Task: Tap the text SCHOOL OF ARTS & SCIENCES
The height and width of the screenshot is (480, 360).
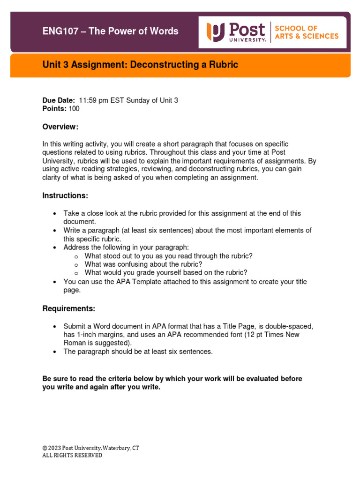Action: [306, 32]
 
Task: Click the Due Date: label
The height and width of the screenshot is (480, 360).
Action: [59, 100]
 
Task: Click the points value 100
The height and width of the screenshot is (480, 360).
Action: [74, 109]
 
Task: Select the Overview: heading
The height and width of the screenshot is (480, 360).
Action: [60, 127]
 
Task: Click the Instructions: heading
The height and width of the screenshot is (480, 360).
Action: [65, 195]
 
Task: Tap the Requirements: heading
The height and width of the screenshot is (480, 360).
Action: [69, 308]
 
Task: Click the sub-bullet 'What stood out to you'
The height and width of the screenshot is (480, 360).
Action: [168, 256]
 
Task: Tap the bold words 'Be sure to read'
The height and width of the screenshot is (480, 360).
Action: [67, 379]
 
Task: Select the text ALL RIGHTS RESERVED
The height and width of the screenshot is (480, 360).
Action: [72, 455]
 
